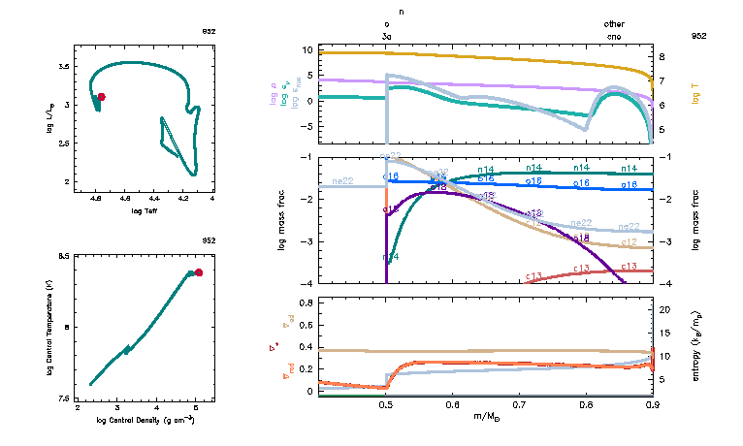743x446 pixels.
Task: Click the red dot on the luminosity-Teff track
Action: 101,97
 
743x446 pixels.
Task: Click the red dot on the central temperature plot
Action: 199,272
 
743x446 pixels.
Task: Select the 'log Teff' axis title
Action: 145,208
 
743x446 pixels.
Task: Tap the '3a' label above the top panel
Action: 387,36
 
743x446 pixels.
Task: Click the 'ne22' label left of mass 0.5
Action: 342,181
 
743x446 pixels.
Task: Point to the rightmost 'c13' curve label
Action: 629,266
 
